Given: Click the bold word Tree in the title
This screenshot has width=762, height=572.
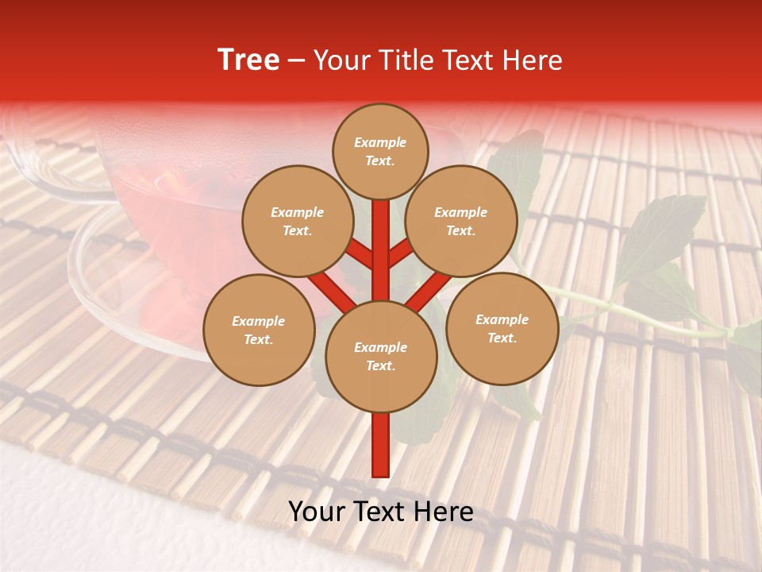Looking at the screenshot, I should (x=248, y=60).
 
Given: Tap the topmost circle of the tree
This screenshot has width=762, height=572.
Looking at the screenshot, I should (x=380, y=151).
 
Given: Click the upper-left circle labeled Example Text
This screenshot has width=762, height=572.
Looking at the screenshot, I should (x=297, y=221).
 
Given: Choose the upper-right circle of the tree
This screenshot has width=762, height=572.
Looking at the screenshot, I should (x=461, y=221).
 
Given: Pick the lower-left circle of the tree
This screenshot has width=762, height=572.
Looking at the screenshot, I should (x=259, y=330).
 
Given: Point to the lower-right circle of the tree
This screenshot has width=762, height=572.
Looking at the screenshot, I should (x=502, y=328).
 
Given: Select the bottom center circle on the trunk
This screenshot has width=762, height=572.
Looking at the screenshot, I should (x=381, y=356).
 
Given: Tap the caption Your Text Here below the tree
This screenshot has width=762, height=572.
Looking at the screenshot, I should (x=381, y=512).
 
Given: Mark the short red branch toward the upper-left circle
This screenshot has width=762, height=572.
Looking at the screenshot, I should (x=361, y=254).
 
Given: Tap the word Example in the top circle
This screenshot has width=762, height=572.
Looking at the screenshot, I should (x=380, y=142).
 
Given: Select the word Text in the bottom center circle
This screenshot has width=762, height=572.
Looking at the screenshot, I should (x=380, y=365).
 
